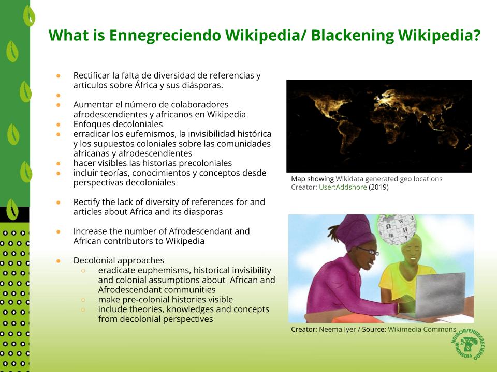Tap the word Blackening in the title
[353, 36]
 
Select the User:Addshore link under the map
[343, 187]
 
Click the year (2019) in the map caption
[378, 187]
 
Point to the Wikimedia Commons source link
[421, 329]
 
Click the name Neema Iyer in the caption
[337, 329]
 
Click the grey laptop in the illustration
[440, 295]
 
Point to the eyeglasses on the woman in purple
[368, 251]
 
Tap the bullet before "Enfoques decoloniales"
[59, 125]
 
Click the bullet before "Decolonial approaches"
[59, 260]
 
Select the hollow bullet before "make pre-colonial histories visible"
[83, 300]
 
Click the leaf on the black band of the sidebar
[12, 209]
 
